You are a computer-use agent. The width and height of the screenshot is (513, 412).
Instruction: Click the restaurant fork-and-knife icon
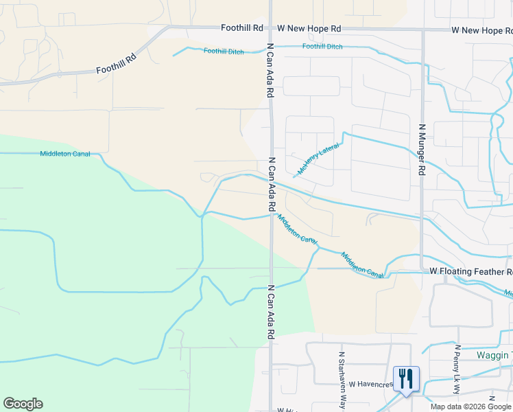coord(406,378)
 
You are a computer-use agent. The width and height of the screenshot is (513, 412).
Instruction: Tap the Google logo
coord(23,404)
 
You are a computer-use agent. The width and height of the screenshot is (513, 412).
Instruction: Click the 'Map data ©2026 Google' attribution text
coord(471,407)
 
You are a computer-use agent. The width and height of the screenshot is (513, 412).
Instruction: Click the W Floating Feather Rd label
coord(470,272)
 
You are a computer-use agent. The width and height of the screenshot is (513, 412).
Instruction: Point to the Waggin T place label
coord(494,355)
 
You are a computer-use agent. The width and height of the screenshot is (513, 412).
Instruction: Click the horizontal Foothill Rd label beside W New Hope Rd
coord(242,28)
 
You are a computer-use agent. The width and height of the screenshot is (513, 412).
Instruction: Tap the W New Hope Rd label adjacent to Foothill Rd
coord(309,28)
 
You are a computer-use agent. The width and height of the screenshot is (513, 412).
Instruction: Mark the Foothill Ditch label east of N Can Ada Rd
coord(322,47)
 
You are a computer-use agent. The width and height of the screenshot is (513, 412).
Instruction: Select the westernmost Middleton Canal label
coord(65,154)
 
